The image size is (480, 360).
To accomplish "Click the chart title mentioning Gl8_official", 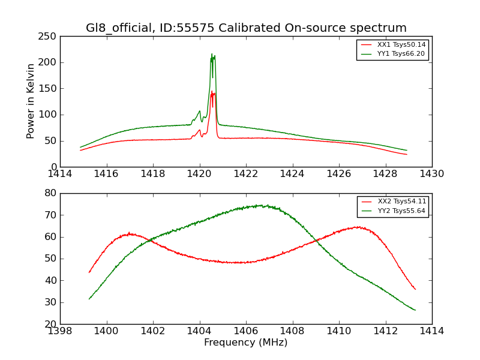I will click(x=246, y=28).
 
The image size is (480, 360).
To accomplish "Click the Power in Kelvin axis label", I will click(x=31, y=101).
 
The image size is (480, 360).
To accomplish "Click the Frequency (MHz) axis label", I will click(x=246, y=343).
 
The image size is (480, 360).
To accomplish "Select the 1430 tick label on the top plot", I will click(x=432, y=174).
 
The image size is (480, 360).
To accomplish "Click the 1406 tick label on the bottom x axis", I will click(x=246, y=331).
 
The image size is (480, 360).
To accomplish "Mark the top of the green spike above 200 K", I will click(x=212, y=54).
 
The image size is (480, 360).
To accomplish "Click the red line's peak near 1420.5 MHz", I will click(x=212, y=91).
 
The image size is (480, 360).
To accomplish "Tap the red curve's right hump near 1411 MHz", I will click(x=358, y=227).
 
